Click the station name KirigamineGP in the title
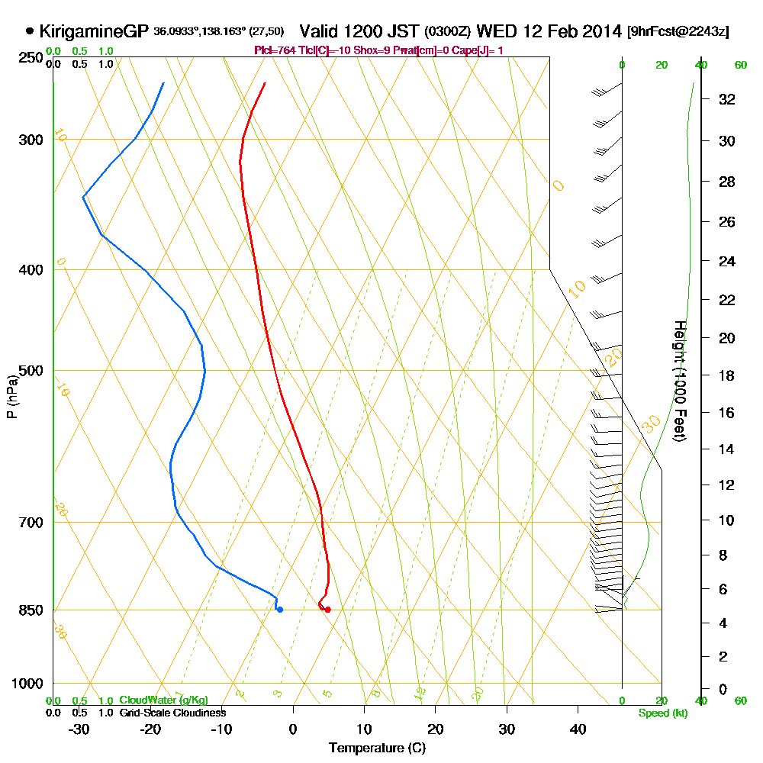(x=94, y=31)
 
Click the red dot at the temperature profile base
(x=327, y=609)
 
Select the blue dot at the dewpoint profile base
(x=280, y=609)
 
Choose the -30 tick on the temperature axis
(x=79, y=729)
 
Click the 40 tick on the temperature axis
(x=578, y=729)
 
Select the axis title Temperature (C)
(x=377, y=748)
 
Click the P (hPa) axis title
(x=11, y=396)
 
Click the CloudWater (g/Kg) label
(x=163, y=700)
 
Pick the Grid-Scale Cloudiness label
(x=172, y=713)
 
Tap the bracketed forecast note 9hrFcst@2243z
(x=678, y=32)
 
